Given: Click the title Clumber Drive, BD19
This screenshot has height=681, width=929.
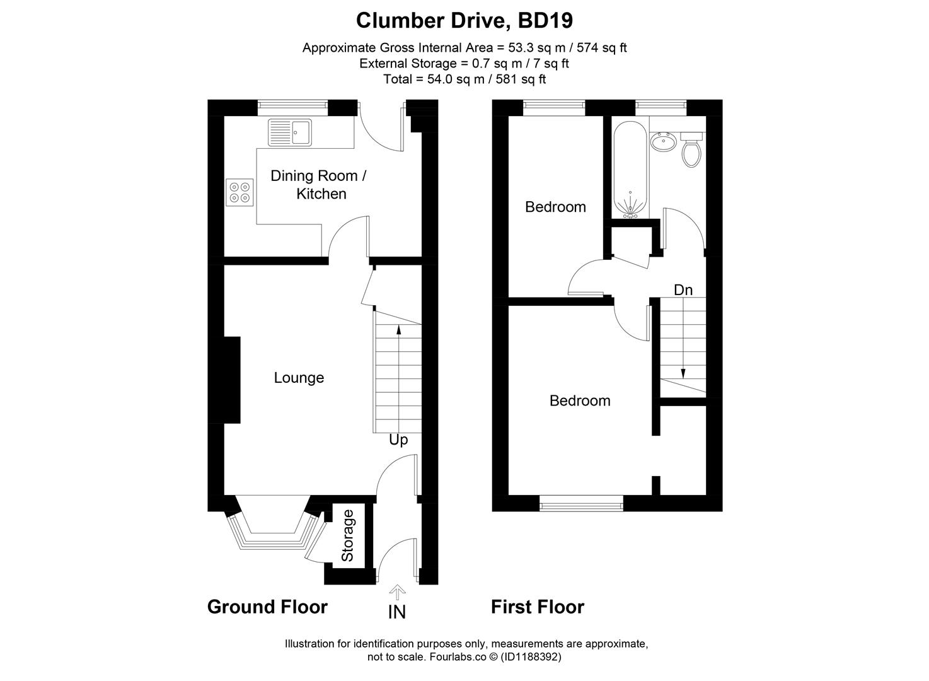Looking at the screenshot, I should [464, 20].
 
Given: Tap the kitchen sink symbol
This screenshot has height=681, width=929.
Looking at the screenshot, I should [290, 132].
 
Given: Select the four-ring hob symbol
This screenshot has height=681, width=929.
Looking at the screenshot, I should [240, 192].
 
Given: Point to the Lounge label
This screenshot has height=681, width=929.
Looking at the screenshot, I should [299, 378].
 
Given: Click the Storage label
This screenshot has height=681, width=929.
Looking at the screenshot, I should [348, 535].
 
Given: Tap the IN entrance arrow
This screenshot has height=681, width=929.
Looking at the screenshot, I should [397, 592].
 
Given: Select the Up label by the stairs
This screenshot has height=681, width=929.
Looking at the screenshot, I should [398, 439].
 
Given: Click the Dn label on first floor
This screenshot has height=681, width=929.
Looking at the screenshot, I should [683, 290].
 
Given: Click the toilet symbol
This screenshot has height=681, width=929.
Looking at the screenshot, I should [691, 150].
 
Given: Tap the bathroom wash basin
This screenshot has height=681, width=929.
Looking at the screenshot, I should [664, 142].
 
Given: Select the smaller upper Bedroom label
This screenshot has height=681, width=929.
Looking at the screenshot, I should [555, 207].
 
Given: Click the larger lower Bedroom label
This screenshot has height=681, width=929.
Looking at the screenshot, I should [580, 400].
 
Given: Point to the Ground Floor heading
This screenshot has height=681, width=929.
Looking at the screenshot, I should [267, 607].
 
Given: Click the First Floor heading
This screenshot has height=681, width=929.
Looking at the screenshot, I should [538, 607].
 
